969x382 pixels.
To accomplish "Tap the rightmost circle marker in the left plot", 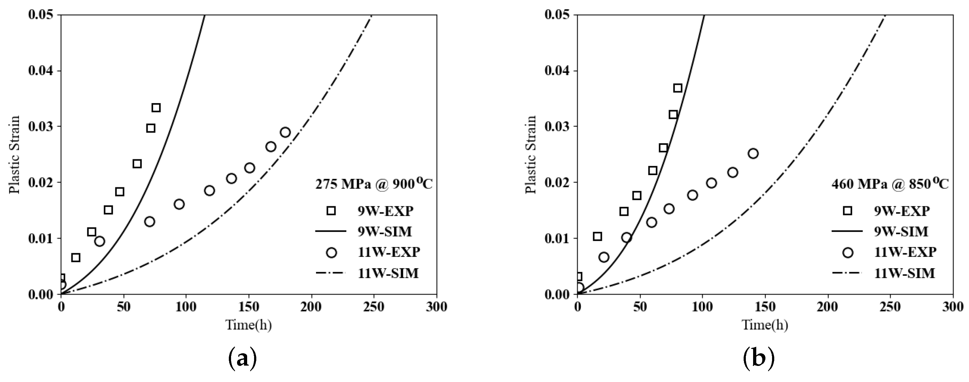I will pyautogui.click(x=285, y=132).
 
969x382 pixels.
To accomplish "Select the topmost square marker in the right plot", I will pyautogui.click(x=677, y=88).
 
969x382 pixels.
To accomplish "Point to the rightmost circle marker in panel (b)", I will pyautogui.click(x=753, y=153).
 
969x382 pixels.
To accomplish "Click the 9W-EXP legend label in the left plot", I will pyautogui.click(x=385, y=211).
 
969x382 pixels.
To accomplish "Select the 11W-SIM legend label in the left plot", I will pyautogui.click(x=388, y=273).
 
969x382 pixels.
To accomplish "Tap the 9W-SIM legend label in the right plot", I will pyautogui.click(x=901, y=232).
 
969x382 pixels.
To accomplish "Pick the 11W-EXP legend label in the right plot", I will pyautogui.click(x=905, y=252).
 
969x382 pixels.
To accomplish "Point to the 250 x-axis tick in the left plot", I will pyautogui.click(x=374, y=307).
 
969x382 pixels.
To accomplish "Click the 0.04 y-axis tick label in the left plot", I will pyautogui.click(x=41, y=71).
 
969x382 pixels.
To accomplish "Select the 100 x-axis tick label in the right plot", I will pyautogui.click(x=702, y=307).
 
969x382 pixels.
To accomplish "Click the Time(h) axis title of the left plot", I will pyautogui.click(x=248, y=325).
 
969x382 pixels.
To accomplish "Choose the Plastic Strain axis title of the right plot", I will pyautogui.click(x=531, y=155).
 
